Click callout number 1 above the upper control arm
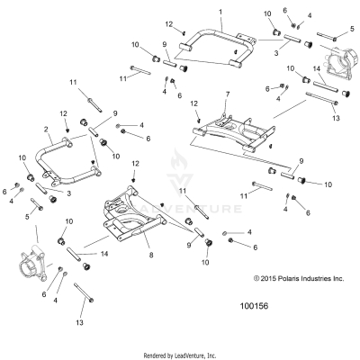point(220,11)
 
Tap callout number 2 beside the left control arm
point(45,130)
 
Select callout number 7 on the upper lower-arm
point(228,94)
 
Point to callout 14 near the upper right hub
point(317,68)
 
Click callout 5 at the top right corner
point(351,29)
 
